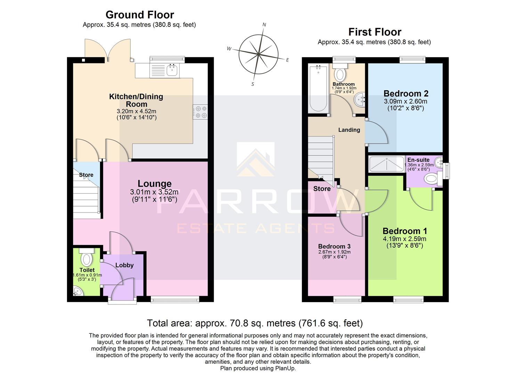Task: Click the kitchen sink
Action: click(172, 70)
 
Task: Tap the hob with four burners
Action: click(200, 112)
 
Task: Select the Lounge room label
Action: click(155, 184)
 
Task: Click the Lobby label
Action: click(124, 265)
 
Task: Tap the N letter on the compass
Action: click(264, 25)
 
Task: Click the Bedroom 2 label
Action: click(406, 93)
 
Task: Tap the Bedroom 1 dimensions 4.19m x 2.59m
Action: click(404, 239)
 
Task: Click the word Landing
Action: click(349, 130)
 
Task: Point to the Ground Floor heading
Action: click(140, 15)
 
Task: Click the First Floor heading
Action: click(375, 32)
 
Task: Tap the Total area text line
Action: click(255, 323)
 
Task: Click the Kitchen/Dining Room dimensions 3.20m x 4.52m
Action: click(137, 111)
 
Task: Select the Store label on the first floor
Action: click(322, 189)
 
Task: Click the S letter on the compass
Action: click(253, 84)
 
